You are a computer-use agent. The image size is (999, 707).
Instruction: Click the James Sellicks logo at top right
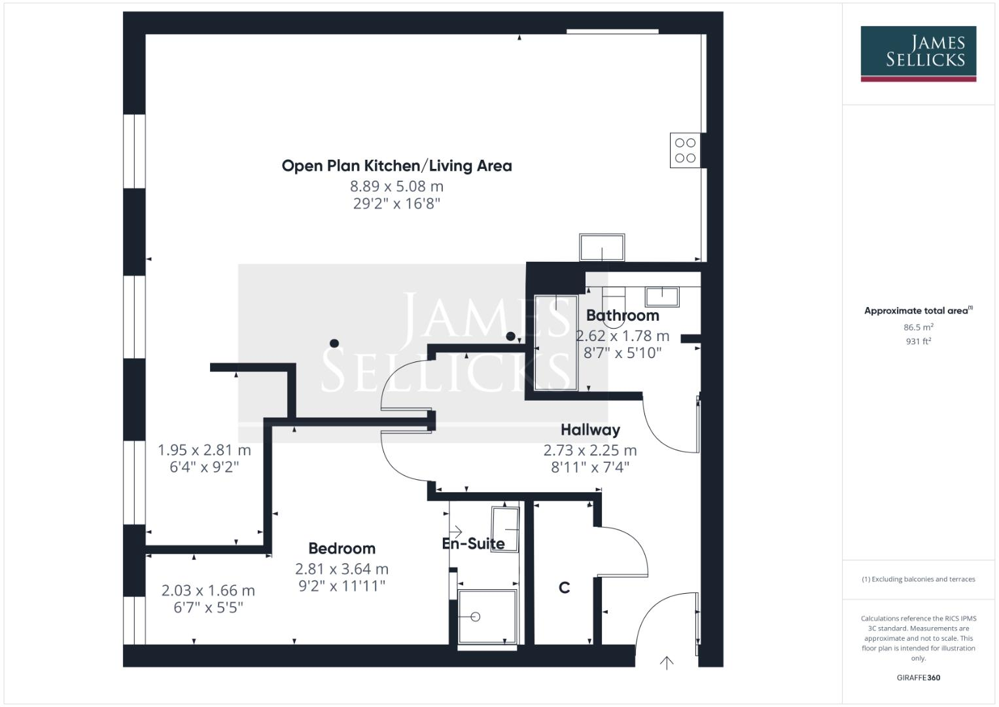918,53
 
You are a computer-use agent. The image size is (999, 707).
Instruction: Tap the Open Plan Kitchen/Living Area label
396,166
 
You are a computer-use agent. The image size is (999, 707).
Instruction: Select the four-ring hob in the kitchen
685,151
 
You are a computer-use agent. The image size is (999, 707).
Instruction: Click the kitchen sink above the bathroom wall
602,247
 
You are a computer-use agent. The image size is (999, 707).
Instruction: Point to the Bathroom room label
622,316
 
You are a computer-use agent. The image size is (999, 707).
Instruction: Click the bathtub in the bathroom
556,342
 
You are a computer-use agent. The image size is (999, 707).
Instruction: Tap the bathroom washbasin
662,297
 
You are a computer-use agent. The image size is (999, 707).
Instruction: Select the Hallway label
590,430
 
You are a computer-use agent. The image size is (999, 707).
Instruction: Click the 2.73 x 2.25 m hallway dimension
589,450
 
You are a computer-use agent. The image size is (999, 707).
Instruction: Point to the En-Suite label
473,544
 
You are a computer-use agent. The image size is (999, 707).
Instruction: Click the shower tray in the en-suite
487,617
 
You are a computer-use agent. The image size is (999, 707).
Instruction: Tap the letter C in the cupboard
564,588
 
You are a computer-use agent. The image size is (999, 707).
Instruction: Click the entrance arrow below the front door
666,662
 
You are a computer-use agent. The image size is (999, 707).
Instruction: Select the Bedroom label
342,549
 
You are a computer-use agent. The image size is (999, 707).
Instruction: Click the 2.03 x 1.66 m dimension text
208,590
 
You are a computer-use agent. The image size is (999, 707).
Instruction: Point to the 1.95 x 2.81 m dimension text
204,450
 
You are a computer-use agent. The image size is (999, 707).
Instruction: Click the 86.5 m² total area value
918,327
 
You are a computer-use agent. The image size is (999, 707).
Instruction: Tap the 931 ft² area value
918,341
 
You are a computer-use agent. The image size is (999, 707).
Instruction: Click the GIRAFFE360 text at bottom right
918,678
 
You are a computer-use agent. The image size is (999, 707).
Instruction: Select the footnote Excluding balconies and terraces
918,579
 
